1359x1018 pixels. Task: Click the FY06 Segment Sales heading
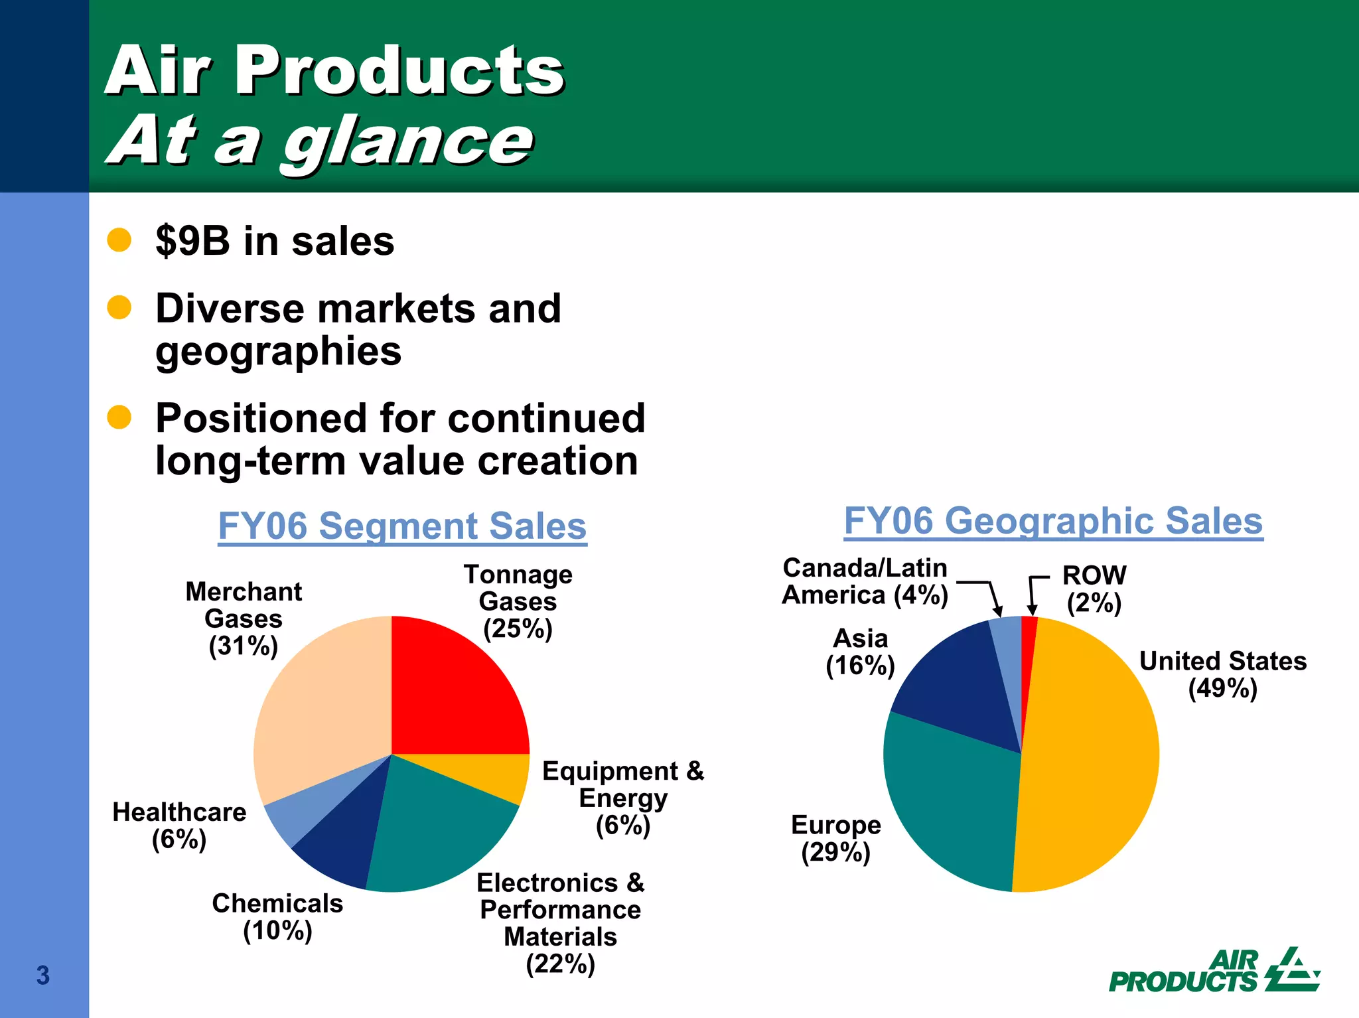pos(402,526)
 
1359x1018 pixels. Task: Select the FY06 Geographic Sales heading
pos(1053,521)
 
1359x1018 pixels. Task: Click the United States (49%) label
pos(1222,675)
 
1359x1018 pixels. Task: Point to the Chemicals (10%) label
pos(277,917)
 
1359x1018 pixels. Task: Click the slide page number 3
pos(43,976)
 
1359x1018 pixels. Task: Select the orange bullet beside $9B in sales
pos(119,240)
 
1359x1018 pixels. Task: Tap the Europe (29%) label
pos(835,839)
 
